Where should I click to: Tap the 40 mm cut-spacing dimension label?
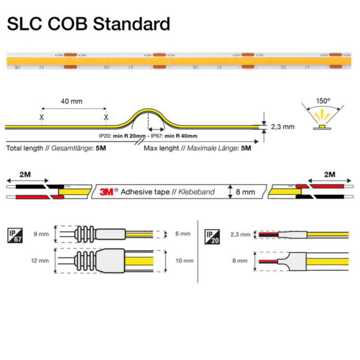(71, 101)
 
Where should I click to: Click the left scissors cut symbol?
(41, 117)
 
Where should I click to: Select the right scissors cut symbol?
(106, 117)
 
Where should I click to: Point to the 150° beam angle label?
(323, 101)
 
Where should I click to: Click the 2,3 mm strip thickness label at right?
(283, 127)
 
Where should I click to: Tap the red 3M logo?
(106, 192)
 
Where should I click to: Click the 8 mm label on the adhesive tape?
(245, 192)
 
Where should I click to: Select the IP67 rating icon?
(14, 235)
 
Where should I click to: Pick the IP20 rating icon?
(212, 237)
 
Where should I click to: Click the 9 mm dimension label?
(41, 234)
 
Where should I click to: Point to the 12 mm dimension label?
(40, 261)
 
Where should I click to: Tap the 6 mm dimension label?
(183, 234)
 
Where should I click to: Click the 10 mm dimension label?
(184, 261)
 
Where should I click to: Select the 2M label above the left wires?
(25, 175)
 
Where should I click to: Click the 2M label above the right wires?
(330, 175)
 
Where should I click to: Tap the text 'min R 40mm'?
(181, 136)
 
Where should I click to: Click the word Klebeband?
(196, 192)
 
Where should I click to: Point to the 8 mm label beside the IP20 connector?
(240, 261)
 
